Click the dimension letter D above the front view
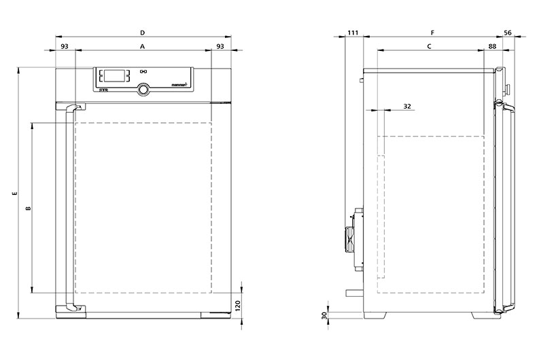[143, 33]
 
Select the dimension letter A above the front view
[143, 46]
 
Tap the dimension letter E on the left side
[14, 194]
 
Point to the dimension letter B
[29, 208]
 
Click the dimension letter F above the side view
[432, 33]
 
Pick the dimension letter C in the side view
[429, 46]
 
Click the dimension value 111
[353, 33]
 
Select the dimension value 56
[508, 33]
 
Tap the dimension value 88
[492, 46]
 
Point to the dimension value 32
[407, 107]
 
